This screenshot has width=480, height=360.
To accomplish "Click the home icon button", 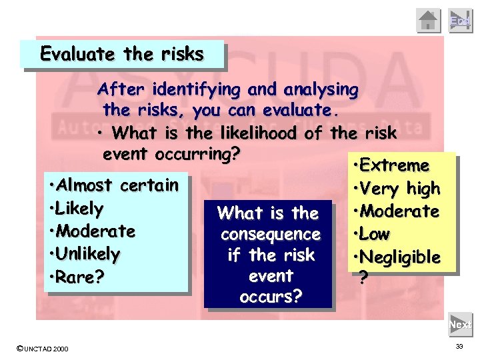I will (x=429, y=21).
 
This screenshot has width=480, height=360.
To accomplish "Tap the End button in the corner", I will (x=460, y=21).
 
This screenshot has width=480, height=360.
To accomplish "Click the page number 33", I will (x=459, y=347).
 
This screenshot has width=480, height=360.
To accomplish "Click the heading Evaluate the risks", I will (x=122, y=54).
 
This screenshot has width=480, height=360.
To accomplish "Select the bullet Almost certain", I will (x=113, y=185).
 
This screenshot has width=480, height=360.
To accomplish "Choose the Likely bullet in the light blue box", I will (x=75, y=208).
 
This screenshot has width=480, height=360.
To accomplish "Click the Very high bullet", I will (x=399, y=188).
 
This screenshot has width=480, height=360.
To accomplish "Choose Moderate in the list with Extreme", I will (x=399, y=211).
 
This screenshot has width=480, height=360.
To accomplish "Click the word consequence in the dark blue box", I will (x=271, y=235).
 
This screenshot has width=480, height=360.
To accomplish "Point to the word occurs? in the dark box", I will (x=271, y=296).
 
